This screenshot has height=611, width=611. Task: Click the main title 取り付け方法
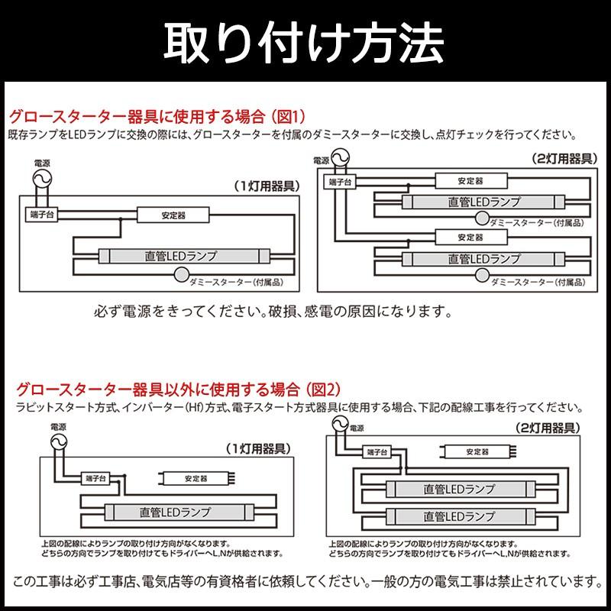tap(305, 43)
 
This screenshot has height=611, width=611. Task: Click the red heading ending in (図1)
tap(157, 117)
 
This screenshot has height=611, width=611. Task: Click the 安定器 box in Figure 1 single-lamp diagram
tap(173, 216)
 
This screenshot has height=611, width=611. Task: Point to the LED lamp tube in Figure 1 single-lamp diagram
tap(181, 257)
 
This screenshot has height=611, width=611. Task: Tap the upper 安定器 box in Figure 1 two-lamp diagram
tap(469, 182)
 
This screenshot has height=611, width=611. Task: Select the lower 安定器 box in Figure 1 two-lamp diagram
tap(469, 237)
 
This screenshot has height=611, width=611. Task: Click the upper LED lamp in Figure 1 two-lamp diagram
tap(483, 202)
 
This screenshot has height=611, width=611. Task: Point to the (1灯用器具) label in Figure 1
tap(267, 186)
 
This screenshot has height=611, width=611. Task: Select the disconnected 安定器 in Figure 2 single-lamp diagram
tap(195, 479)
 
